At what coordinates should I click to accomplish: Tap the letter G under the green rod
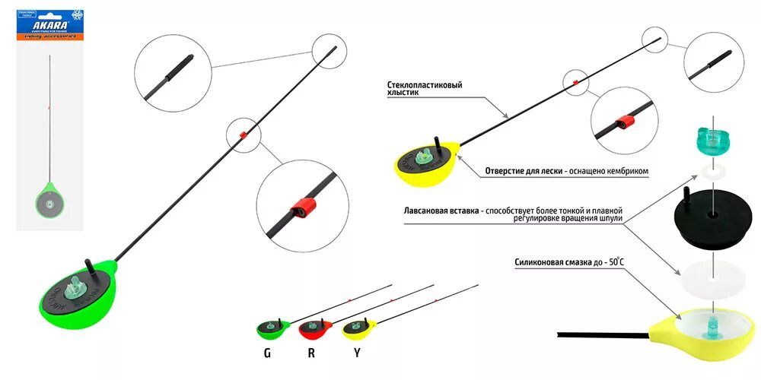pos(267,353)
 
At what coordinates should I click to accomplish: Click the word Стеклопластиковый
pos(424,85)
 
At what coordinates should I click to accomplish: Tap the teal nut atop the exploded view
pos(712,140)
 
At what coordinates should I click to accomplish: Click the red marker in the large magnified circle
pos(304,207)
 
